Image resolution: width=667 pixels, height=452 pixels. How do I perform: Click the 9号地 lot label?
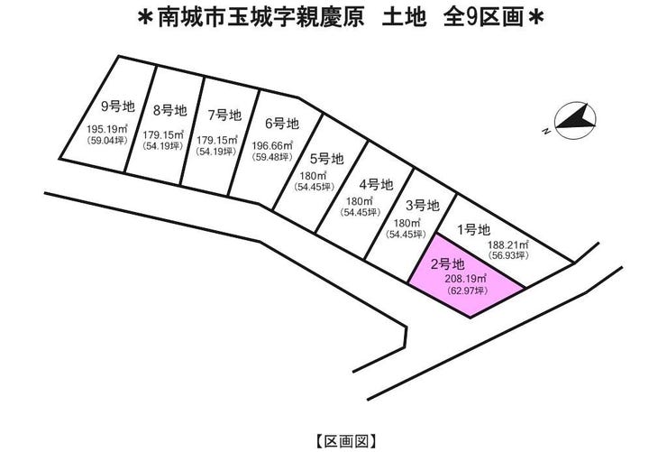click(x=118, y=106)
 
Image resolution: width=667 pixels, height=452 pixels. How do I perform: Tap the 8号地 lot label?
click(x=169, y=111)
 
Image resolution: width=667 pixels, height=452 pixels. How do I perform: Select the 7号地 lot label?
click(x=224, y=115)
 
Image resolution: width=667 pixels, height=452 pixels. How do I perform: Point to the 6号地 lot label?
click(x=282, y=124)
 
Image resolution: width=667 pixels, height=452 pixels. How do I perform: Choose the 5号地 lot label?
click(x=326, y=159)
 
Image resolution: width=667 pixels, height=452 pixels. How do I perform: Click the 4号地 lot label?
click(x=376, y=185)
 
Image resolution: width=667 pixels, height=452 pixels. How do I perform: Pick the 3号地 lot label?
click(x=422, y=206)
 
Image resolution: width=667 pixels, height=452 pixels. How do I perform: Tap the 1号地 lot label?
click(x=473, y=230)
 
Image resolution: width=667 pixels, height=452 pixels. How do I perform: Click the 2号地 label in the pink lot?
click(x=447, y=264)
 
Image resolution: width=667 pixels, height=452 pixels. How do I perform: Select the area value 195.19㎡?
click(x=107, y=128)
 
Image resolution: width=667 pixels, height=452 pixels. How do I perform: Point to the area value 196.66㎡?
click(x=272, y=145)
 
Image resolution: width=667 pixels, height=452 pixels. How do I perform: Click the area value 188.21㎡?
click(x=507, y=244)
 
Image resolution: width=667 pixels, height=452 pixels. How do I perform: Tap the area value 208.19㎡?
click(x=466, y=279)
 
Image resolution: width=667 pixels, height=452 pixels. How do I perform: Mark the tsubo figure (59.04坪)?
click(x=107, y=140)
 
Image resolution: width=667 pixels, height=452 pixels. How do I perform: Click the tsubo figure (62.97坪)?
click(x=467, y=291)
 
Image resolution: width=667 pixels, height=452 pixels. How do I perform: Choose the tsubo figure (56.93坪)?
click(x=508, y=256)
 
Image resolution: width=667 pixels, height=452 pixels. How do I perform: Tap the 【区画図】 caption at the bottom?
click(x=345, y=441)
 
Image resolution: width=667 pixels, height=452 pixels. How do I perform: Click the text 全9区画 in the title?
click(x=483, y=18)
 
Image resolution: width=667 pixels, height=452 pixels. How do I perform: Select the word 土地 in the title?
click(x=404, y=18)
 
